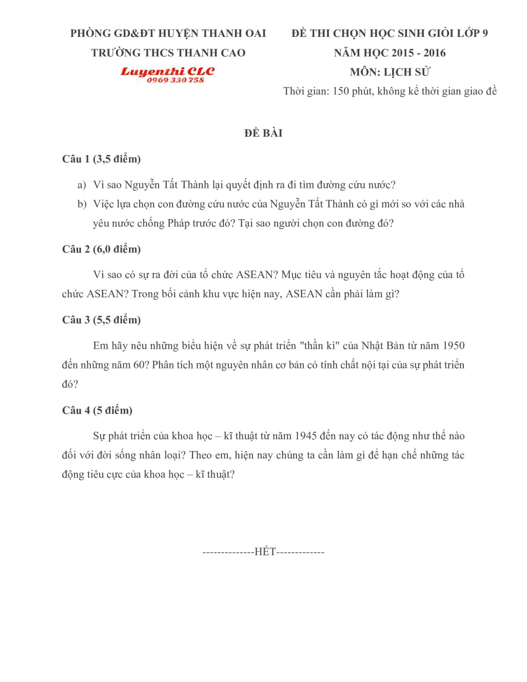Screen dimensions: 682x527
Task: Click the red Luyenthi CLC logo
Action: pos(167,71)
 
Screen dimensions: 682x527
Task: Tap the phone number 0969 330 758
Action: pos(175,80)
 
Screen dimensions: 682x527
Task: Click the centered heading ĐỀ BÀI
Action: pos(263,133)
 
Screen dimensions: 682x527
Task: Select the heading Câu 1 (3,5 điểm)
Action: pos(101,159)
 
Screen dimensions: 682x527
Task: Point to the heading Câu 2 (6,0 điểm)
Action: pos(101,249)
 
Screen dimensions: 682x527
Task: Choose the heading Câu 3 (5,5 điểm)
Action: pos(101,320)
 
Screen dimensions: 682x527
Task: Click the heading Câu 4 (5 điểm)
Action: pos(97,410)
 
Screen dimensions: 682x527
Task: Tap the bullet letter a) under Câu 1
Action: pos(82,185)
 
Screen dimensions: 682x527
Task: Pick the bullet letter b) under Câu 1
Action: pos(82,204)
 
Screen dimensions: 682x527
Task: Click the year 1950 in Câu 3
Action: pos(454,346)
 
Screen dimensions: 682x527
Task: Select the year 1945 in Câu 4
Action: pos(306,436)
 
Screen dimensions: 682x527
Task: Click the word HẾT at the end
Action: pos(265,552)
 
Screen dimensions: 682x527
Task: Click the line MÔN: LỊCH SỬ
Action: pos(390,72)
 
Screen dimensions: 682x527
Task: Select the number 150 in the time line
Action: pos(341,91)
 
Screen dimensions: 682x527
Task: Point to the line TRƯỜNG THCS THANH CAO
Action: pos(168,53)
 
